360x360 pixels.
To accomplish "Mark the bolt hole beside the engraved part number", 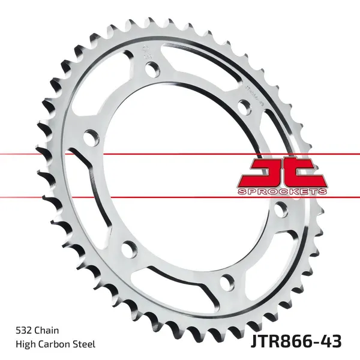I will [x=242, y=107].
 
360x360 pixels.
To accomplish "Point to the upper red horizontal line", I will [x=180, y=154].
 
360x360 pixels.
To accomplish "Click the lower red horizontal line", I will [x=180, y=197].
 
